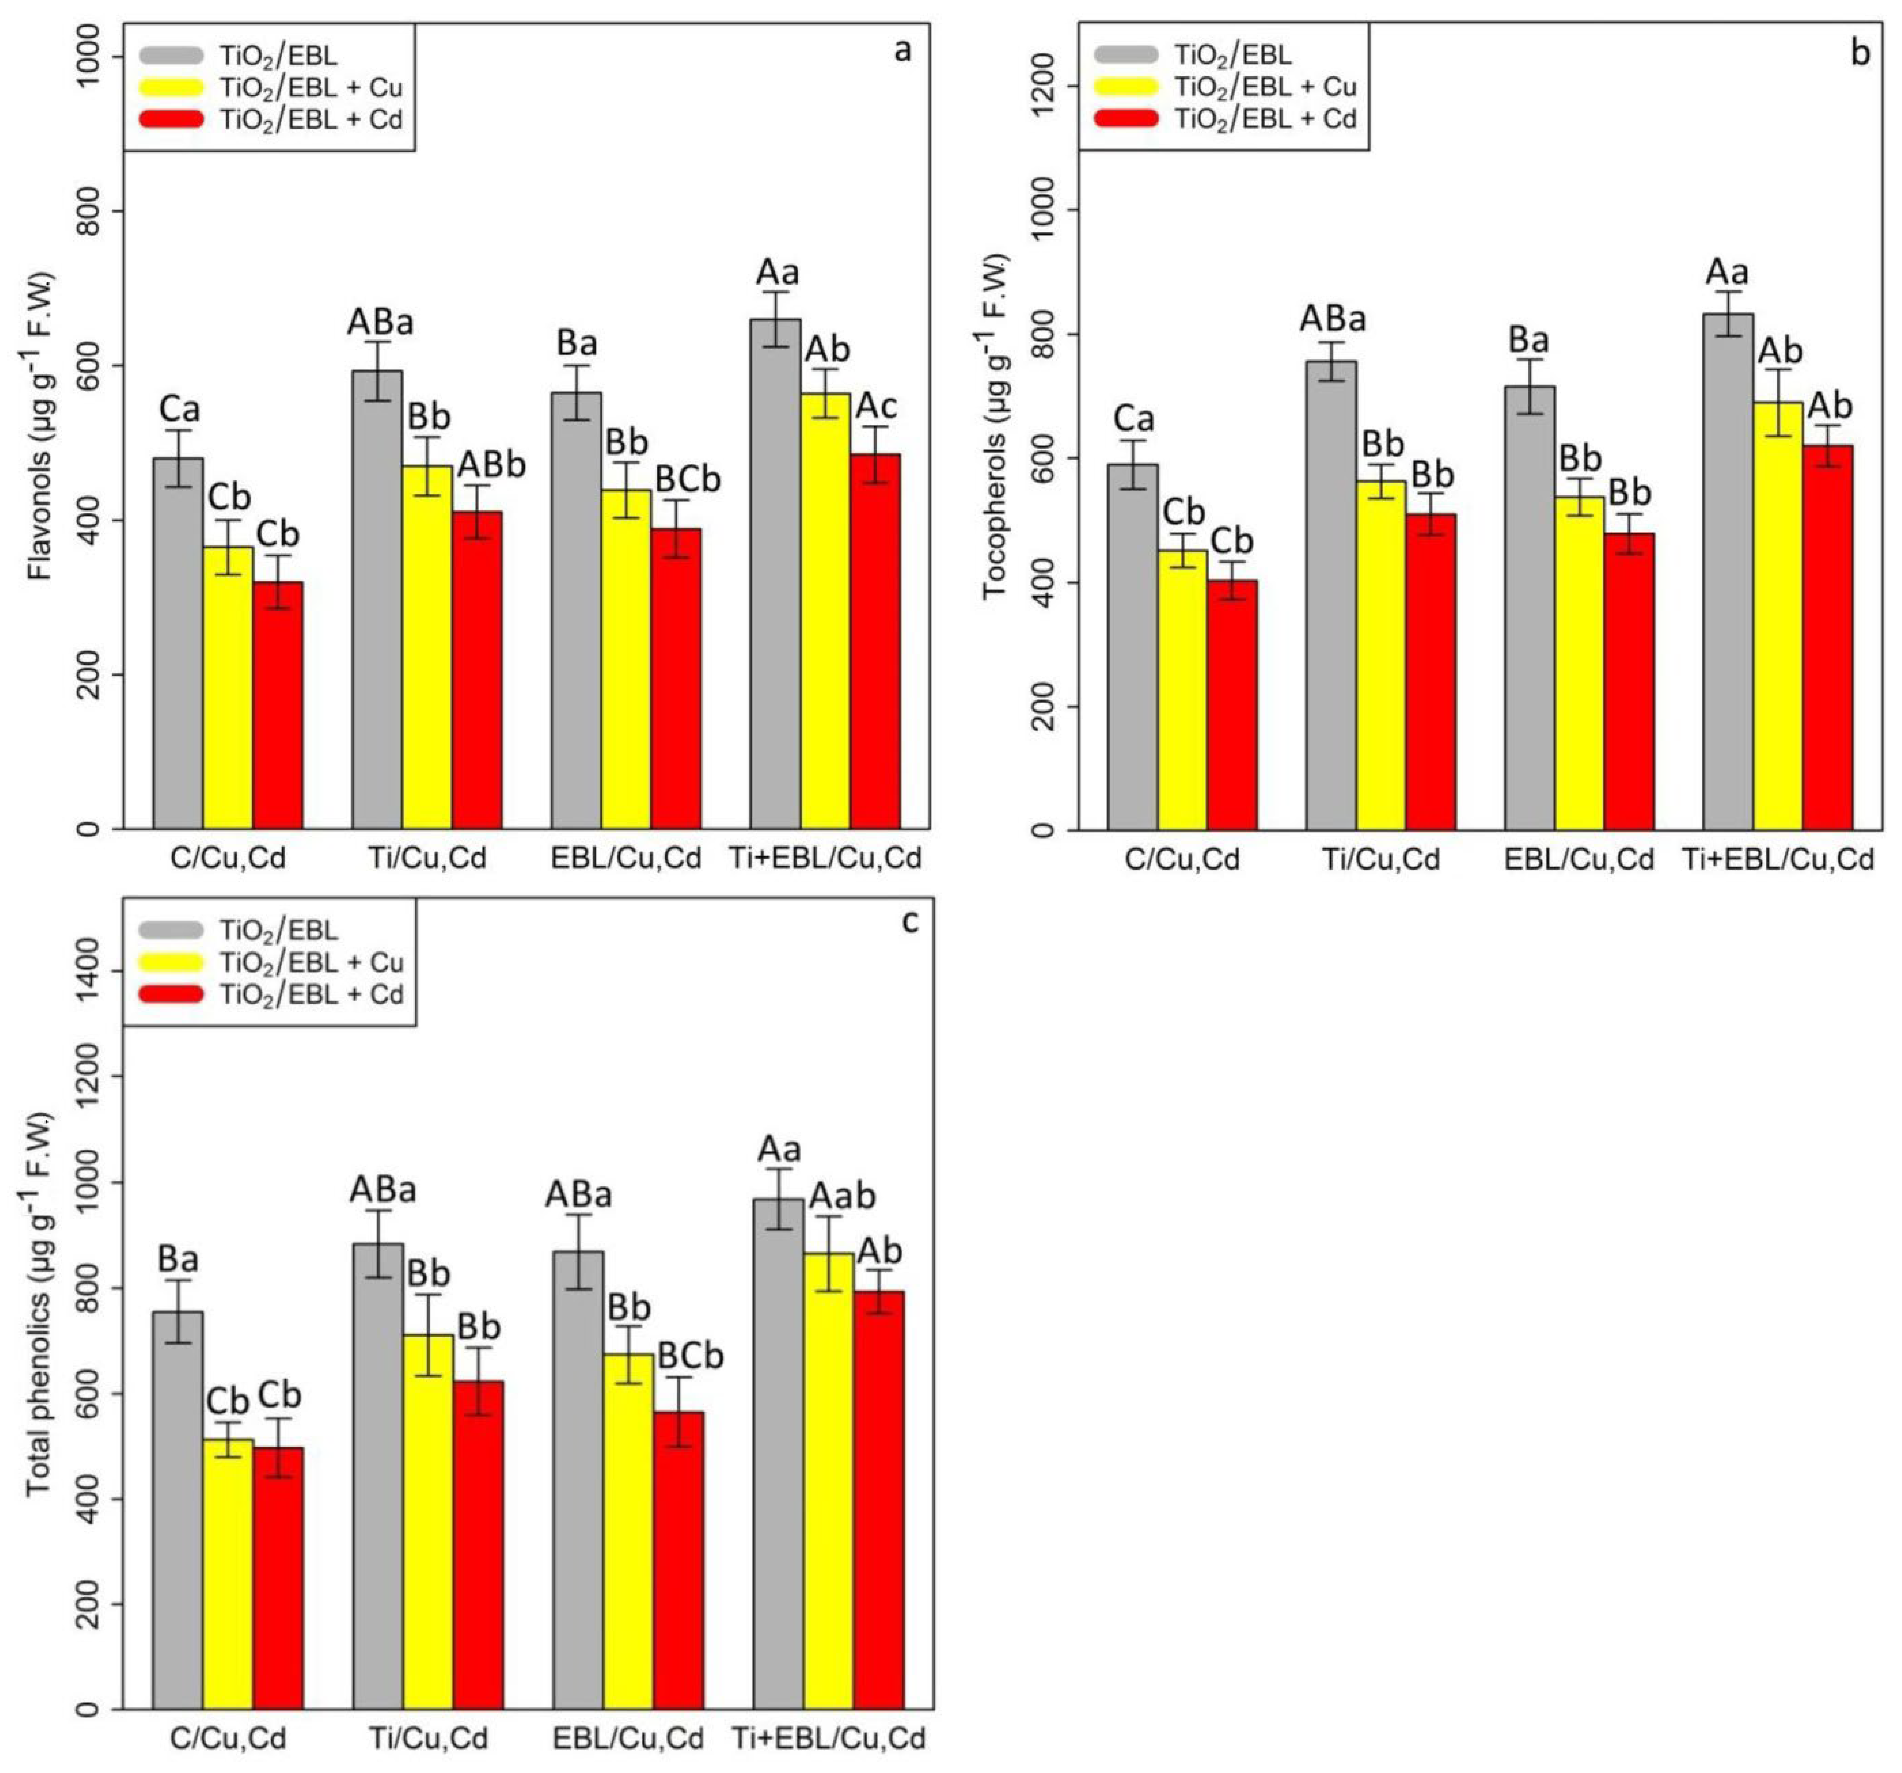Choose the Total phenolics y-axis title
tap(40, 1305)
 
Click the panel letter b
tap(1859, 53)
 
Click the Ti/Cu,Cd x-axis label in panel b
tap(1381, 859)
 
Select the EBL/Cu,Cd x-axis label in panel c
tap(628, 1738)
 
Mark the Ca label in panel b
tap(1134, 419)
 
